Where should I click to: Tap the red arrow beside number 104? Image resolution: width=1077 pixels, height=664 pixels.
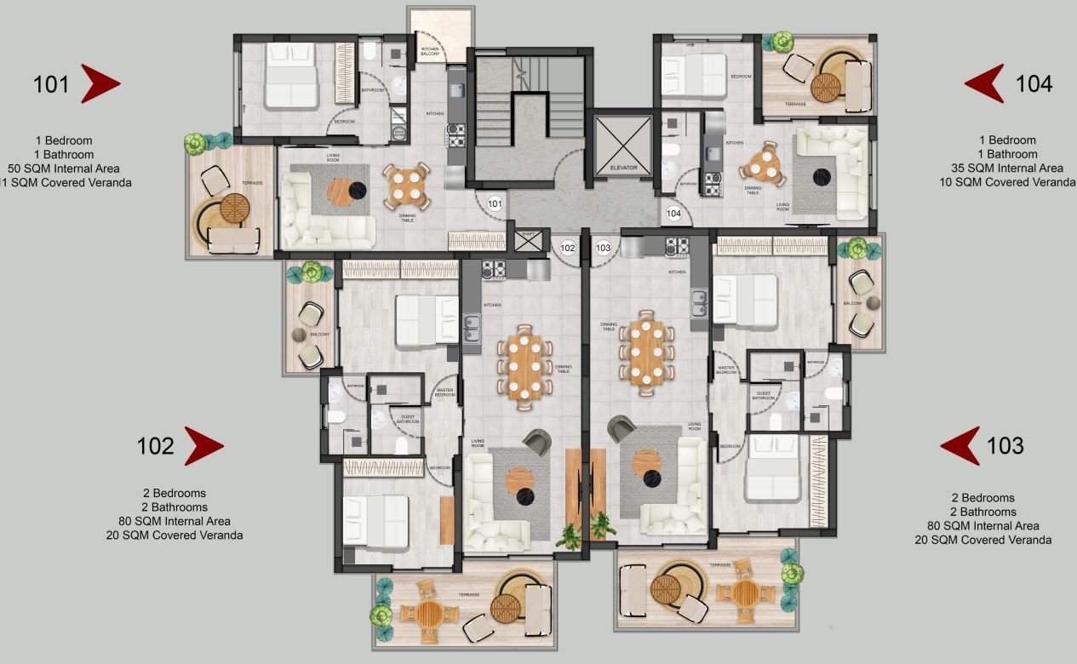pyautogui.click(x=984, y=83)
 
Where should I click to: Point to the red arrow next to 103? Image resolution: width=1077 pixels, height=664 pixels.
pyautogui.click(x=960, y=445)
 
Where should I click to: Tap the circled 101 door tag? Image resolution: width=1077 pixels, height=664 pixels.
pyautogui.click(x=496, y=204)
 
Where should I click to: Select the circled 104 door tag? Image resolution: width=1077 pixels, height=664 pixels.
pyautogui.click(x=674, y=213)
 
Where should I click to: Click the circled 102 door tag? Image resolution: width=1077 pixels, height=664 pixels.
pyautogui.click(x=569, y=248)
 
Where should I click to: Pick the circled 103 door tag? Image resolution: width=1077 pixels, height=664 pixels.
pyautogui.click(x=604, y=248)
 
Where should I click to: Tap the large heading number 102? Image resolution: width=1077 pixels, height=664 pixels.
pyautogui.click(x=155, y=445)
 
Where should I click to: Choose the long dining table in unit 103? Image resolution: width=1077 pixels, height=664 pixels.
pyautogui.click(x=647, y=351)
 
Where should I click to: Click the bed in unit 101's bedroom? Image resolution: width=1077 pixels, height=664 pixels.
pyautogui.click(x=289, y=77)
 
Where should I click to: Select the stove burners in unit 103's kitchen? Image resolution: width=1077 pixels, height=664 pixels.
pyautogui.click(x=677, y=247)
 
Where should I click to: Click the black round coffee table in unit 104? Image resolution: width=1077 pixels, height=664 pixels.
pyautogui.click(x=822, y=176)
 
